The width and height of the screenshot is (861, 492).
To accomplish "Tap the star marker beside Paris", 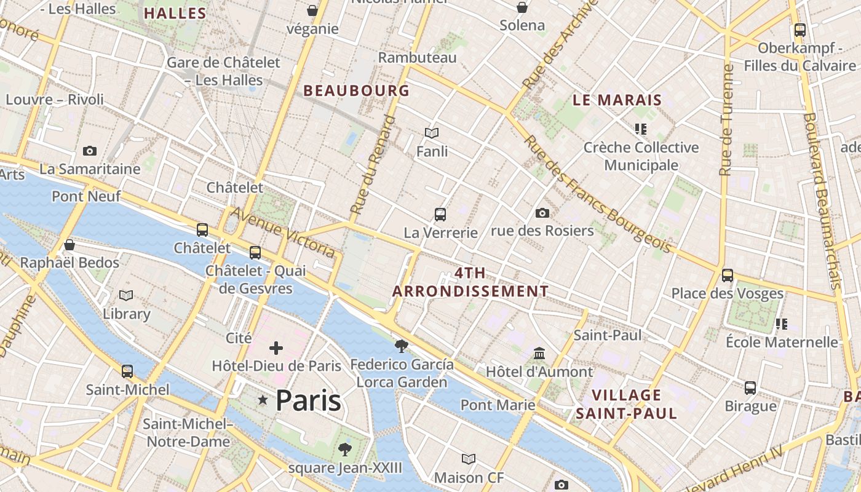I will (263, 400).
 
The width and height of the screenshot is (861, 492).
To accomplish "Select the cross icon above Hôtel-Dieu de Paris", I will (276, 348).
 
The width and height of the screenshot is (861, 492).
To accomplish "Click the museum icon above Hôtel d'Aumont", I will (539, 354).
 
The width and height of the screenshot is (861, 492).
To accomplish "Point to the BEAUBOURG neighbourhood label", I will (356, 91).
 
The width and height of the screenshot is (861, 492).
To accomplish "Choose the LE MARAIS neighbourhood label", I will (617, 100).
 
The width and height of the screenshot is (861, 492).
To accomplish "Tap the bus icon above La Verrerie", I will (440, 215).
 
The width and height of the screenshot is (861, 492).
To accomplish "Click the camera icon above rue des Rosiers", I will (542, 213).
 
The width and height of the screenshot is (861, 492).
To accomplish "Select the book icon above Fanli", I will (432, 133).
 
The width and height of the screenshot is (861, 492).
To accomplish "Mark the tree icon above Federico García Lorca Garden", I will (402, 346).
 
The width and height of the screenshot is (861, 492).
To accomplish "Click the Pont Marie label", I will (498, 405).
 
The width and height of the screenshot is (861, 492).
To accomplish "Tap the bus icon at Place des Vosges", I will (728, 275).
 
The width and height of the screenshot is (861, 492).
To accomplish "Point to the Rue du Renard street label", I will (372, 164).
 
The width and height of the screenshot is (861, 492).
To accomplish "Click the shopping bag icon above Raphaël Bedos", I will (69, 245).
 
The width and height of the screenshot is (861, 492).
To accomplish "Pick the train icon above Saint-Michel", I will (127, 371).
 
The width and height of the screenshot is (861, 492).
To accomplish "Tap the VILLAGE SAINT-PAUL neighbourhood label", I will (626, 403).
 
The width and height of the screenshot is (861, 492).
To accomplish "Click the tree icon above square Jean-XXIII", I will (345, 449).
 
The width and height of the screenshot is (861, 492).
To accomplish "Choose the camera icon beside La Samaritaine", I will (90, 151).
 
